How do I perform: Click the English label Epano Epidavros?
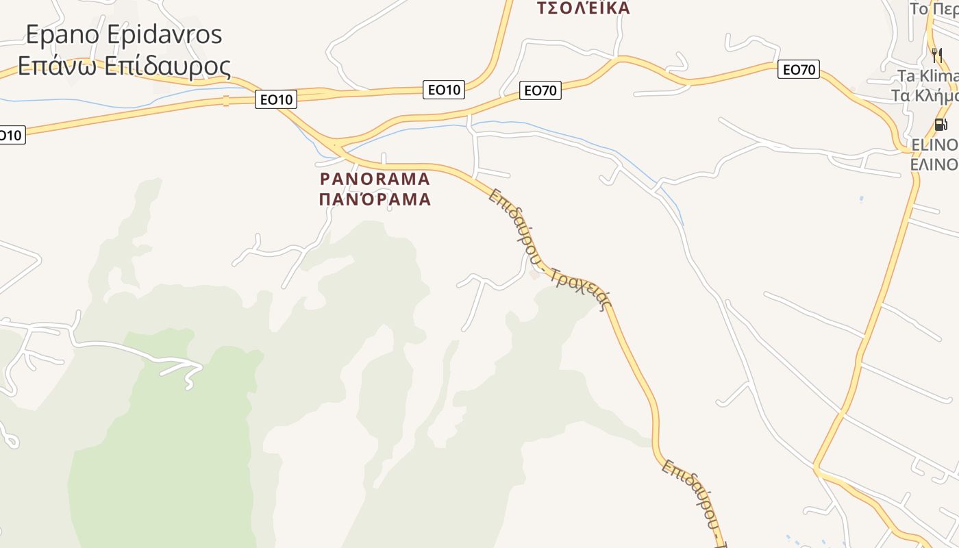click(124, 34)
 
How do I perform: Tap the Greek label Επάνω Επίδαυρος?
click(124, 66)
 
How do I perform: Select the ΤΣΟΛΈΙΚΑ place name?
click(583, 8)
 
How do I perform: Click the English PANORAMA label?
click(375, 179)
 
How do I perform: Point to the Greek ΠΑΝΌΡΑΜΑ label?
click(375, 199)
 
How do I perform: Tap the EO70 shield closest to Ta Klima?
click(799, 69)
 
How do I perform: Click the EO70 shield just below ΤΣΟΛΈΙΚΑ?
click(540, 90)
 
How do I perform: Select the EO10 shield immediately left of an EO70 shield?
click(444, 89)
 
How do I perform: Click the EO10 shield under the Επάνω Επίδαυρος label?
click(276, 99)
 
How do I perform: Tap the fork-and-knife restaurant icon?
click(936, 55)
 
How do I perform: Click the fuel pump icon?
click(941, 125)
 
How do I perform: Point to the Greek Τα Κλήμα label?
click(924, 95)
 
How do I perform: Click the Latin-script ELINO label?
click(934, 145)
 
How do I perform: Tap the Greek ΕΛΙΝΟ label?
click(934, 164)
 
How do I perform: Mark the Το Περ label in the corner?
click(934, 9)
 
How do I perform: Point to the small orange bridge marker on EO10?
click(225, 101)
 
